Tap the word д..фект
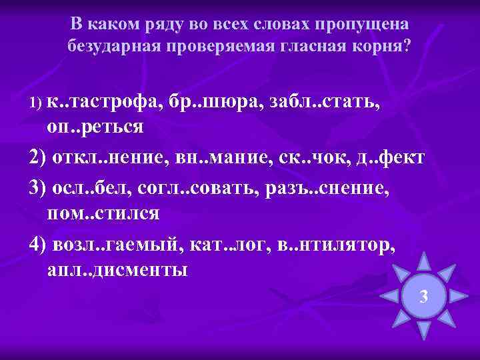tap(386, 158)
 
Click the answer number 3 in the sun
tap(423, 295)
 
